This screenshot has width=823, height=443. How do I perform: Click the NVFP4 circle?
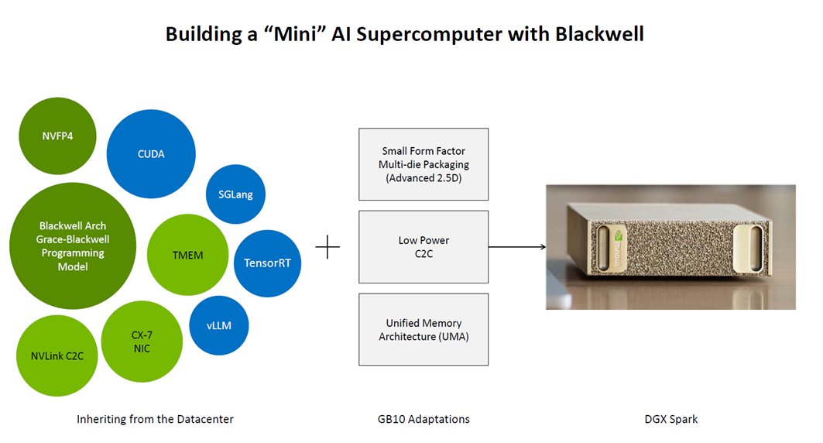(x=57, y=136)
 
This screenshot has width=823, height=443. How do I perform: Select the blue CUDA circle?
(x=151, y=153)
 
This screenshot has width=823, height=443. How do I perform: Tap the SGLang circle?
(x=235, y=194)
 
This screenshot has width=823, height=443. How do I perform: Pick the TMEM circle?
(x=187, y=255)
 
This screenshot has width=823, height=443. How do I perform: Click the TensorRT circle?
(x=267, y=263)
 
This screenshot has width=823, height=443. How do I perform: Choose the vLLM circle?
(x=221, y=325)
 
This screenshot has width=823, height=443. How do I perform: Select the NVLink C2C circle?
(x=57, y=355)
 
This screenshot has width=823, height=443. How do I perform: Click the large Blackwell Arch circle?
(x=73, y=246)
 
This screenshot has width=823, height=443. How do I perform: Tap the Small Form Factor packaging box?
(x=424, y=164)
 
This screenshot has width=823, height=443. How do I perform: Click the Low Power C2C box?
(x=424, y=246)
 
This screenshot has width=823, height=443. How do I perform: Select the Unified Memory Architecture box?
(x=424, y=329)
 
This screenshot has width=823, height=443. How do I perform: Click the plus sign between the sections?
(x=328, y=248)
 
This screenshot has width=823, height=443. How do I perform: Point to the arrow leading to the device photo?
(x=517, y=248)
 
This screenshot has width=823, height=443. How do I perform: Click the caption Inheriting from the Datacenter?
(x=155, y=419)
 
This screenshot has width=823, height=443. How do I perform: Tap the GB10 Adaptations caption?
(x=424, y=419)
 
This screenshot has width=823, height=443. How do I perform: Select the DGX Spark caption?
(x=671, y=419)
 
